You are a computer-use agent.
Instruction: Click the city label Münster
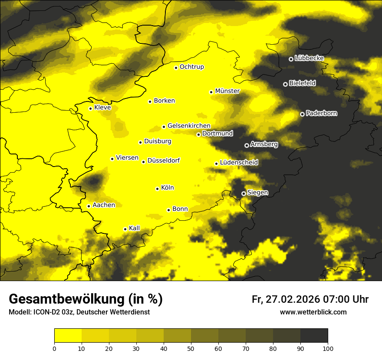[227, 91]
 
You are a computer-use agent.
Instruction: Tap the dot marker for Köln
[157, 189]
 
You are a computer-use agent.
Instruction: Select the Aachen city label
[104, 205]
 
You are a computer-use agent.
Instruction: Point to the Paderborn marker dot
[302, 114]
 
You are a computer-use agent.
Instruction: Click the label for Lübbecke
[309, 58]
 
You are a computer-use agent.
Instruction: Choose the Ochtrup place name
[191, 67]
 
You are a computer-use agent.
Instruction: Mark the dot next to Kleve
[90, 108]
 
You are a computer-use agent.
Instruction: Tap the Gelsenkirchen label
[189, 126]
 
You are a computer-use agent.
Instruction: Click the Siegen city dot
[244, 193]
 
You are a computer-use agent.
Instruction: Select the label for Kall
[134, 228]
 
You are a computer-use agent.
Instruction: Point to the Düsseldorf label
[163, 160]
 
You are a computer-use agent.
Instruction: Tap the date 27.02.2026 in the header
[292, 299]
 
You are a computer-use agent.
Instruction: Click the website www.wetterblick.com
[313, 312]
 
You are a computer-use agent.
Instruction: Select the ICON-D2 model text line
[79, 312]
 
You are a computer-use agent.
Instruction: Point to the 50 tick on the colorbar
[191, 348]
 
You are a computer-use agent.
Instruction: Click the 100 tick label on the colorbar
[328, 348]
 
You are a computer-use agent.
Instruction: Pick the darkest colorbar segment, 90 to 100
[314, 335]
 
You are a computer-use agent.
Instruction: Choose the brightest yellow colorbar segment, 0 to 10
[68, 335]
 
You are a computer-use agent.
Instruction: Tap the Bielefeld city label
[302, 83]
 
